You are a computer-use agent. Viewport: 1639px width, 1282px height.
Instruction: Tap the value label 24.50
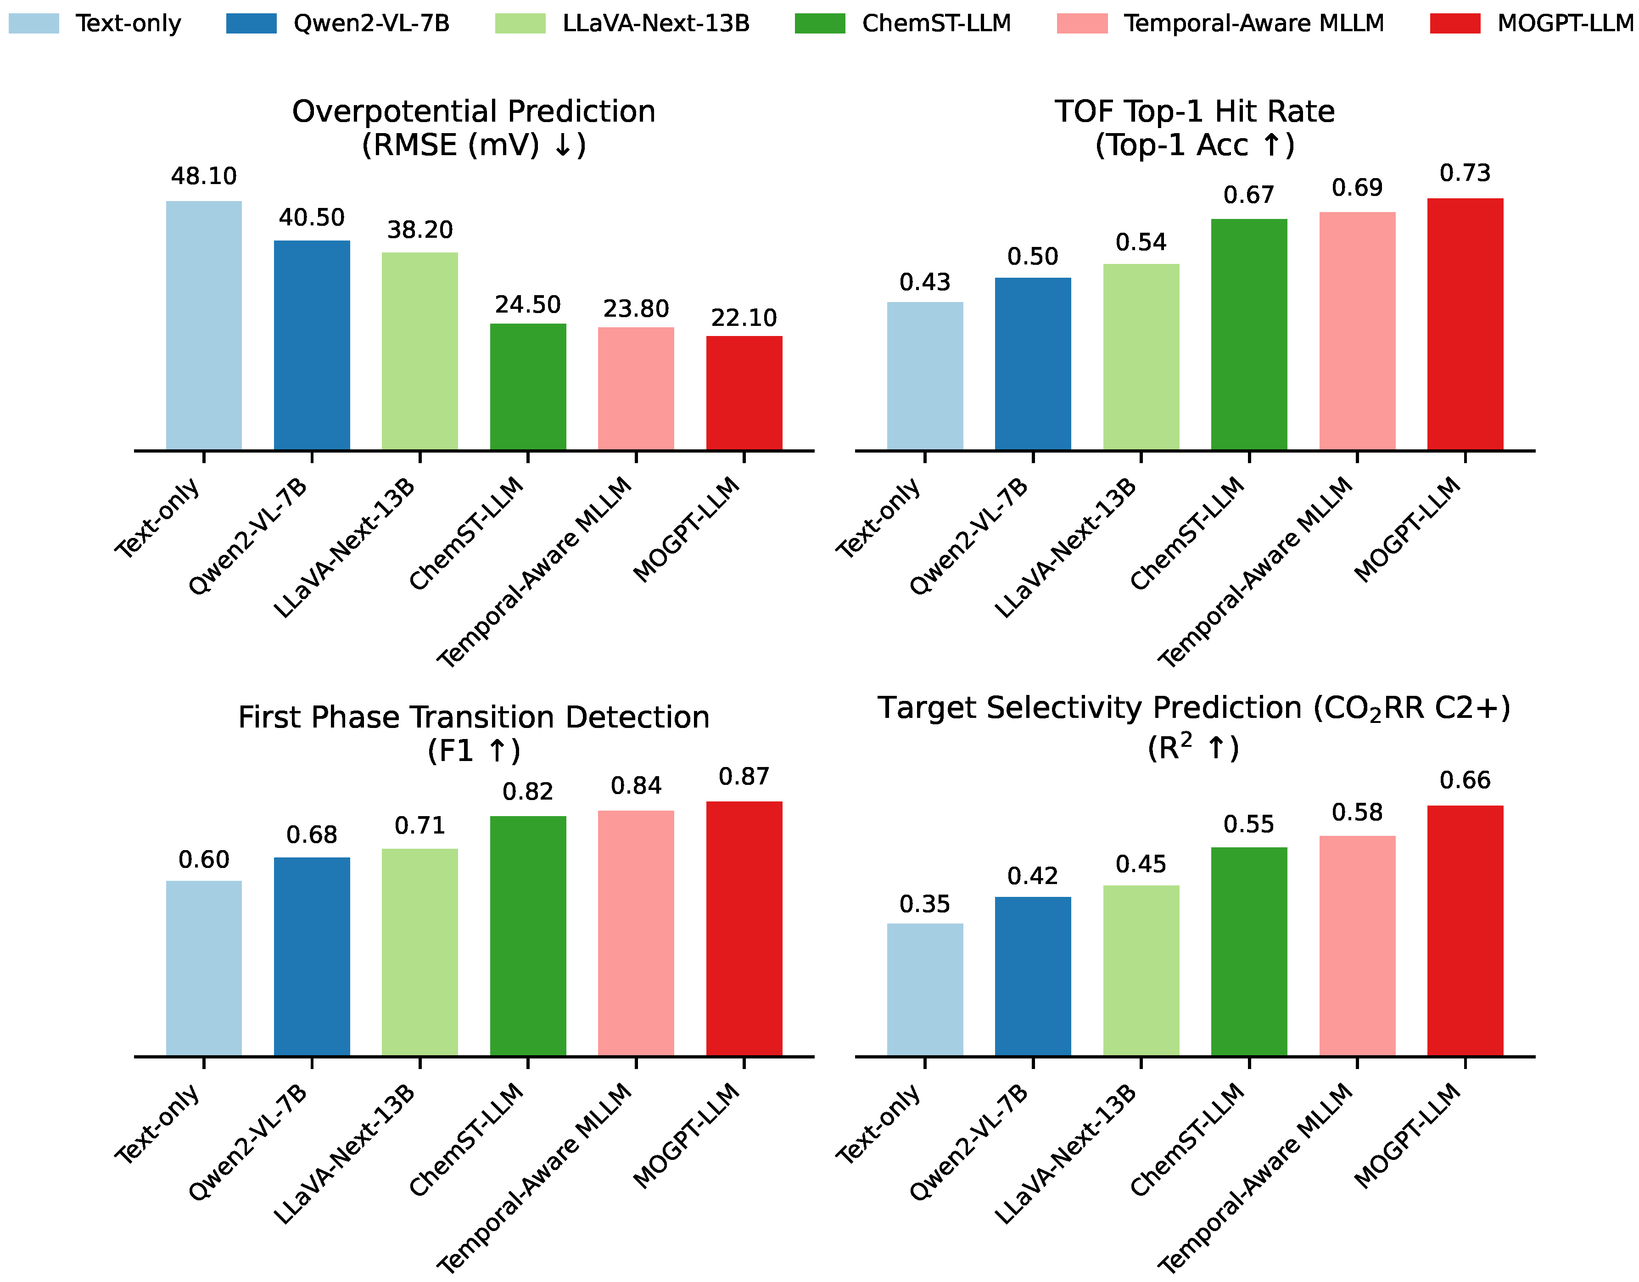527,305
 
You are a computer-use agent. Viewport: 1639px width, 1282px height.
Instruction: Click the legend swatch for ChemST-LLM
820,23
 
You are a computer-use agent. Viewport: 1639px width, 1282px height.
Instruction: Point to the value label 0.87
744,777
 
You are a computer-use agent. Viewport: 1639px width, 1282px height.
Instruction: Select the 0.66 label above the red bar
1465,781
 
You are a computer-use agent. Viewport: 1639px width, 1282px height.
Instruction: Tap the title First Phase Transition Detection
474,717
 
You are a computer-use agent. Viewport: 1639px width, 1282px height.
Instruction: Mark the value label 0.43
924,283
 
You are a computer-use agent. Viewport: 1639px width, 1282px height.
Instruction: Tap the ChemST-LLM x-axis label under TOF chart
1187,534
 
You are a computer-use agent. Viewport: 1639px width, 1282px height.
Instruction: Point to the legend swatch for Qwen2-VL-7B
251,23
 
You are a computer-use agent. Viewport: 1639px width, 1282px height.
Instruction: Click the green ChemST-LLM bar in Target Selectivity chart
1249,952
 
